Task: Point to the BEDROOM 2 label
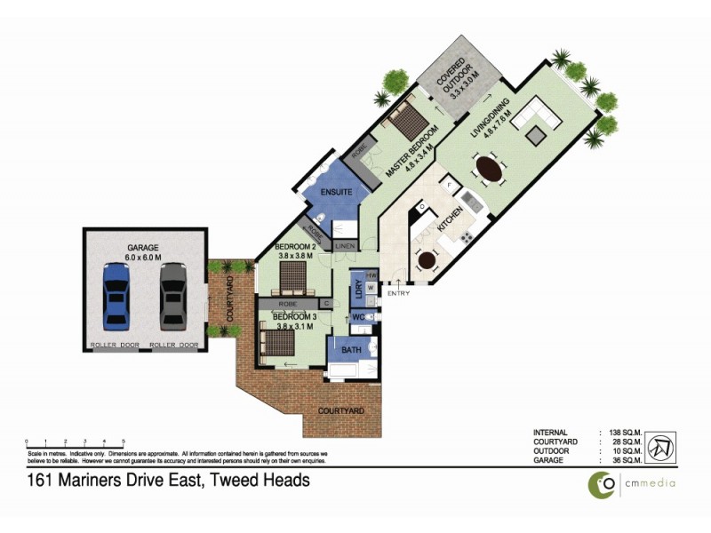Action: pyautogui.click(x=296, y=246)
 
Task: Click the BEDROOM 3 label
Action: pyautogui.click(x=295, y=316)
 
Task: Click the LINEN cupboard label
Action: pyautogui.click(x=345, y=244)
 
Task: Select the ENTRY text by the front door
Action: pyautogui.click(x=397, y=294)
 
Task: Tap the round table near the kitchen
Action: pyautogui.click(x=427, y=261)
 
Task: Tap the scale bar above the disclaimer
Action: pyautogui.click(x=75, y=441)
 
